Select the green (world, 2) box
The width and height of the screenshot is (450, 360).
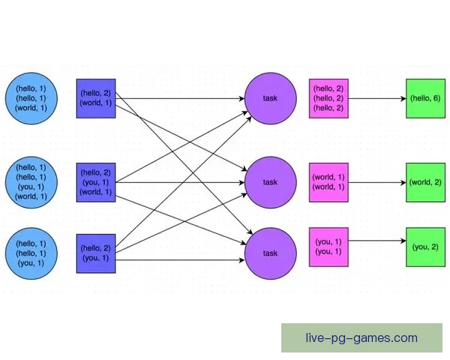[x=425, y=182]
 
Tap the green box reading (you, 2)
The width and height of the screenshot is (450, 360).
[x=425, y=246]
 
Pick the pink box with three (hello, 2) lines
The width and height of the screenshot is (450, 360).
[x=328, y=98]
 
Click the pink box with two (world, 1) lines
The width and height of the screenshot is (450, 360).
[x=328, y=182]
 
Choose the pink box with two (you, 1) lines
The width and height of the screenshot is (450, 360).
[x=328, y=246]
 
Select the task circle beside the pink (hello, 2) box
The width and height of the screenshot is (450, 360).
[x=270, y=98]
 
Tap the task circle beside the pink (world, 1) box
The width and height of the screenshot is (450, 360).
[x=270, y=182]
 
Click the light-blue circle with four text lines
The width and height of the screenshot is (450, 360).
[x=31, y=182]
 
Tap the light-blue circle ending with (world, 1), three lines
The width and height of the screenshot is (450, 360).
[x=31, y=98]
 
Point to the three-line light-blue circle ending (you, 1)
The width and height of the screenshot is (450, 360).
[x=31, y=253]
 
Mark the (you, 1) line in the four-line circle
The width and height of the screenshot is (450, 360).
[x=31, y=187]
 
